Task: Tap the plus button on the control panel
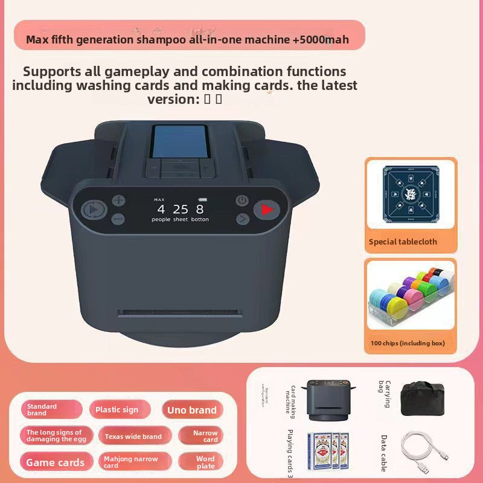[118, 200]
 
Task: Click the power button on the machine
[242, 200]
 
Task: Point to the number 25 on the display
[181, 209]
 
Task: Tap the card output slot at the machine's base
[179, 312]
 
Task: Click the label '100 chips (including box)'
[408, 343]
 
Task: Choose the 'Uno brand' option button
[192, 410]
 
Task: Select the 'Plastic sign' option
[117, 410]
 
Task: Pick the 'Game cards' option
[56, 462]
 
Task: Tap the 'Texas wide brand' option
[133, 437]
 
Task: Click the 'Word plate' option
[205, 462]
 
